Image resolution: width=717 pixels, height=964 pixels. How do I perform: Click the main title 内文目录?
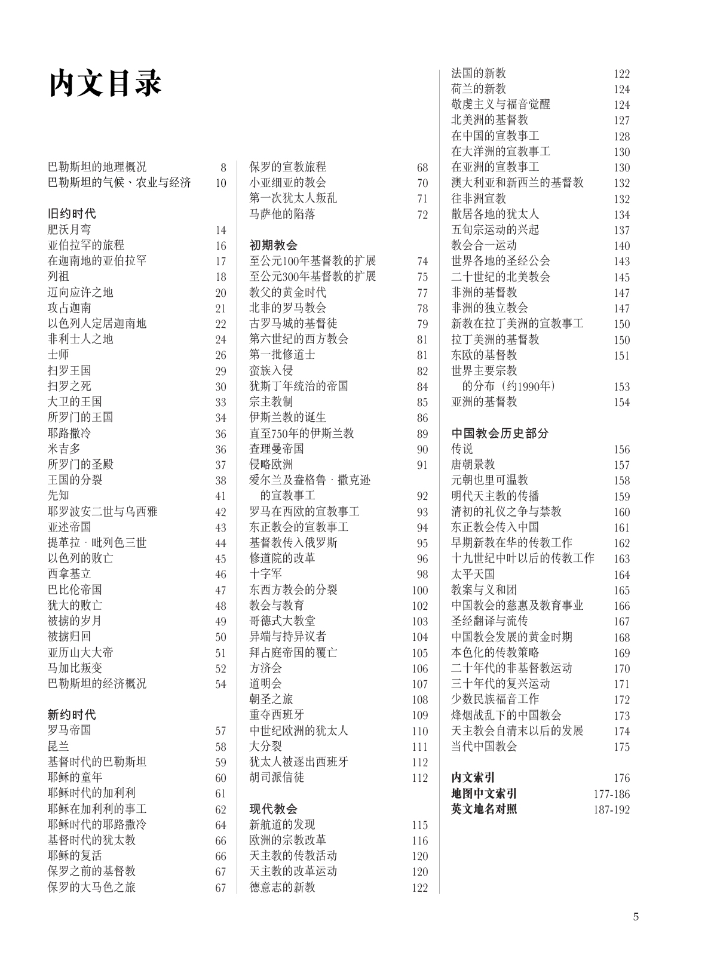(x=105, y=83)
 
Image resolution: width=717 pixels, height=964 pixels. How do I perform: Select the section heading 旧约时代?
(x=72, y=214)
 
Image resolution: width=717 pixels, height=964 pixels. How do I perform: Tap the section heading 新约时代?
(x=72, y=715)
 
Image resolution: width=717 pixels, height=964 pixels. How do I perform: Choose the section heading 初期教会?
(x=273, y=245)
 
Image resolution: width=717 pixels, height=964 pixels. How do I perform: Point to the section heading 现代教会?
(x=273, y=809)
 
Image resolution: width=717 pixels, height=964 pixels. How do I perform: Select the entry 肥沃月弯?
(x=69, y=230)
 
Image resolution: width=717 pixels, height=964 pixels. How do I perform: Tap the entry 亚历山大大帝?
(x=80, y=652)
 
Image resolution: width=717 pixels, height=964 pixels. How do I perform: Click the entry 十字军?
(x=265, y=574)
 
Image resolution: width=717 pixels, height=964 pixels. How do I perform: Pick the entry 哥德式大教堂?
(x=282, y=621)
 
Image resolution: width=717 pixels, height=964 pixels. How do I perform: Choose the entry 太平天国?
(x=473, y=574)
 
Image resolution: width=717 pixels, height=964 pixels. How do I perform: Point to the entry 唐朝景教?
(x=473, y=465)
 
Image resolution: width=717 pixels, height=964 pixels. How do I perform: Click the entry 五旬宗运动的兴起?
(x=495, y=230)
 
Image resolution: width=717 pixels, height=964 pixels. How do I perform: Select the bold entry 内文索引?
(x=473, y=778)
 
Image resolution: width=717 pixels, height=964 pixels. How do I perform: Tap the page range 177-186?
(x=611, y=794)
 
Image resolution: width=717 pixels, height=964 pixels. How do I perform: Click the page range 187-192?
(x=611, y=810)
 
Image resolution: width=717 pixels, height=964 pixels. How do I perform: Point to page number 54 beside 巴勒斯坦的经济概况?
(x=221, y=684)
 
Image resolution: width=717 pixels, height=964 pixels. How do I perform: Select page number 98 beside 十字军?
(x=422, y=575)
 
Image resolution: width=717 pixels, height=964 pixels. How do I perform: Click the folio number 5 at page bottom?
(x=636, y=917)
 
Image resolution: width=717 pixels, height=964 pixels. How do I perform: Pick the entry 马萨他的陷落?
(x=282, y=214)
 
